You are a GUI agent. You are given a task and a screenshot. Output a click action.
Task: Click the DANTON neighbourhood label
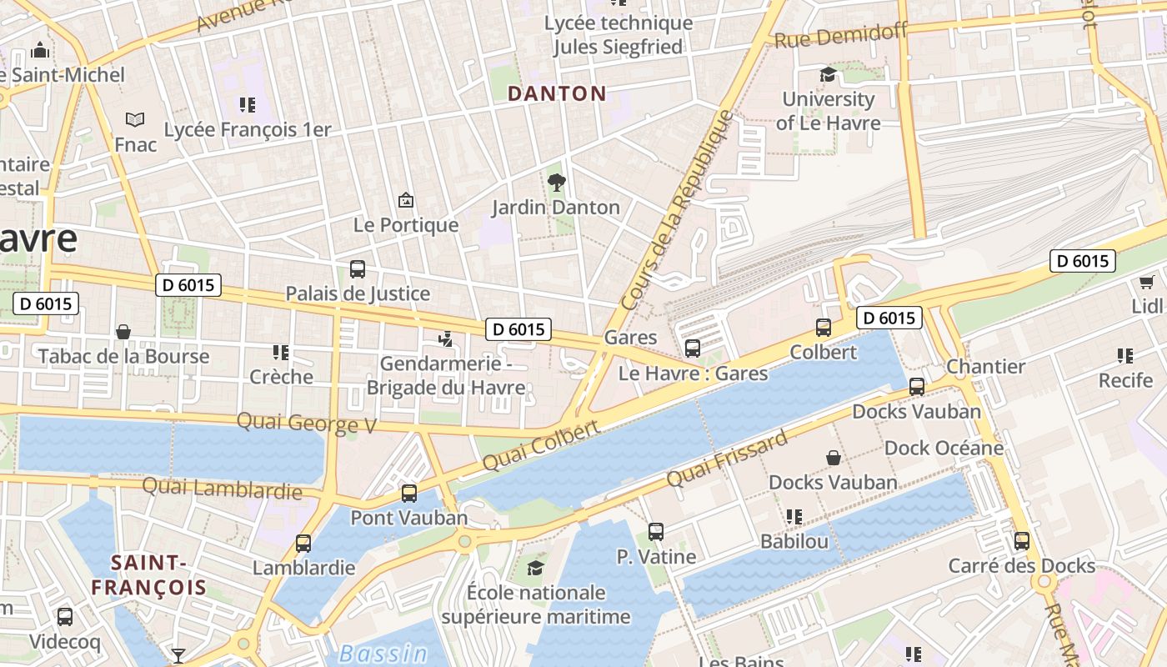(557, 93)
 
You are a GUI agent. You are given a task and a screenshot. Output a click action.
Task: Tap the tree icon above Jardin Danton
(556, 182)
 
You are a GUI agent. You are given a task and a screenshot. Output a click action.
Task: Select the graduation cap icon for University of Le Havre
(828, 75)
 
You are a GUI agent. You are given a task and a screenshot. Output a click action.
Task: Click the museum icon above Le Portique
(406, 200)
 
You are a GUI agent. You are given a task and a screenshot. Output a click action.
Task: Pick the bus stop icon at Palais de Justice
(358, 268)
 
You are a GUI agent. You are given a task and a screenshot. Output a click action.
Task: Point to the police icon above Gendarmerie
(447, 339)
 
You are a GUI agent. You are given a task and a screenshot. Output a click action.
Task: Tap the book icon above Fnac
(135, 120)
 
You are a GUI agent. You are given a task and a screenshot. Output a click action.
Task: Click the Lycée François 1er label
(248, 130)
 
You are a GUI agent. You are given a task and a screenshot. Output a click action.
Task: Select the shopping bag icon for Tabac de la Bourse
(123, 332)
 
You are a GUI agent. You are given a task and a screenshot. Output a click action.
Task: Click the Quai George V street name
(307, 423)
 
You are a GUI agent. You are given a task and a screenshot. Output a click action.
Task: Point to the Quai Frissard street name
(727, 460)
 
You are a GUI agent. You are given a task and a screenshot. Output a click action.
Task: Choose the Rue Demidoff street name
(840, 36)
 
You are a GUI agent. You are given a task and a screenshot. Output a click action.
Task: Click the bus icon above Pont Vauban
(409, 493)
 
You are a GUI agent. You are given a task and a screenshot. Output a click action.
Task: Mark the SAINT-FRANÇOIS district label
(148, 574)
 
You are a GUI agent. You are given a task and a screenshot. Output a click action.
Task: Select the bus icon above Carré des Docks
(1022, 541)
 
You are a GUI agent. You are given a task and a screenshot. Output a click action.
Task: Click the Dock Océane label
(944, 448)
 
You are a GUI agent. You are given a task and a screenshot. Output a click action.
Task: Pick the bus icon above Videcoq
(65, 617)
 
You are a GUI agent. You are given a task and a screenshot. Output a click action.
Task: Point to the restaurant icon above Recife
(1125, 356)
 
